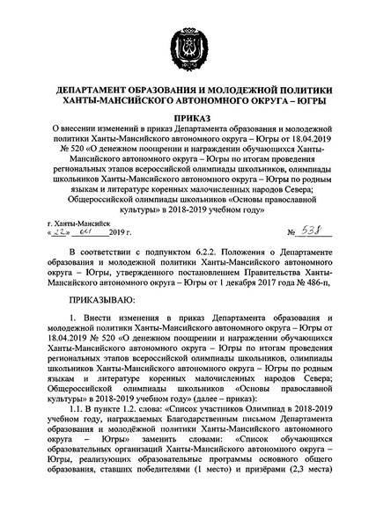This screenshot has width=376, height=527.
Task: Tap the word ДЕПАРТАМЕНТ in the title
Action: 96,91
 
